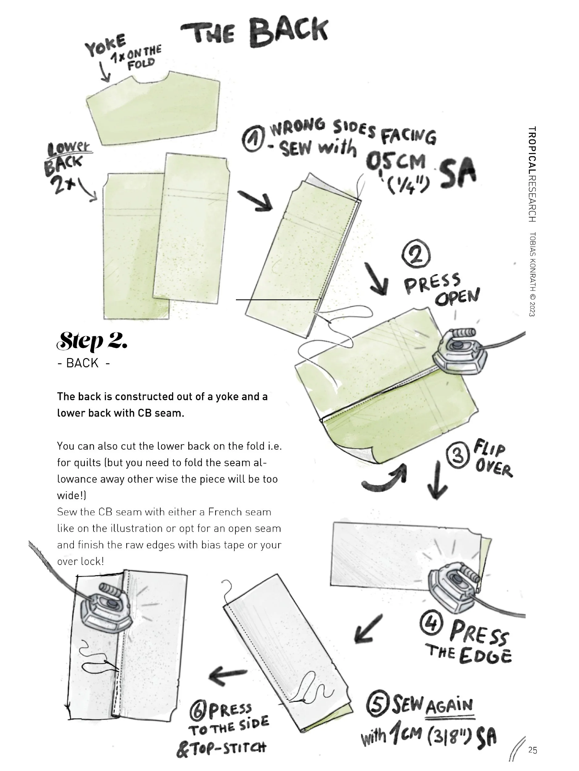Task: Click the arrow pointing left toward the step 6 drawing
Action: tap(227, 675)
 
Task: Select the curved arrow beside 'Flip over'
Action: tap(386, 480)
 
